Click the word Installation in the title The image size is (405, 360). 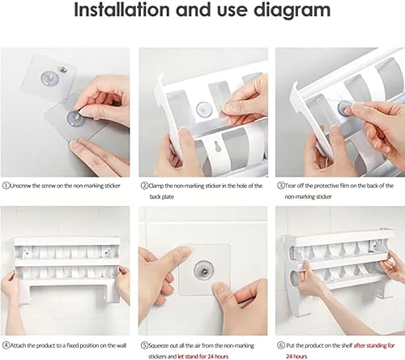(122, 10)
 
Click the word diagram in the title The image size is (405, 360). (292, 11)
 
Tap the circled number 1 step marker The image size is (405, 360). (6, 186)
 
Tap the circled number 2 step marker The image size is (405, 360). (145, 186)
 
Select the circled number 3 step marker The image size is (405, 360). (281, 186)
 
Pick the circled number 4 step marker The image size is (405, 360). (6, 345)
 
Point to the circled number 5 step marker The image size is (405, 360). (145, 345)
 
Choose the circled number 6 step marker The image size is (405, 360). (281, 345)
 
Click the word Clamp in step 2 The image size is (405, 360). (156, 186)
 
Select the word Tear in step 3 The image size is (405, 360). (290, 186)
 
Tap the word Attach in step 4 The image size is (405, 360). (18, 345)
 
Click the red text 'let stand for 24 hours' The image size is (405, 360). (203, 357)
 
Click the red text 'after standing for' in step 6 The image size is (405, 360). (374, 345)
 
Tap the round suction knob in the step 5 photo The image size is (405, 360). (204, 269)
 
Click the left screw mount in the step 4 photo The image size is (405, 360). (27, 253)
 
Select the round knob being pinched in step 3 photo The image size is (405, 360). (344, 107)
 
